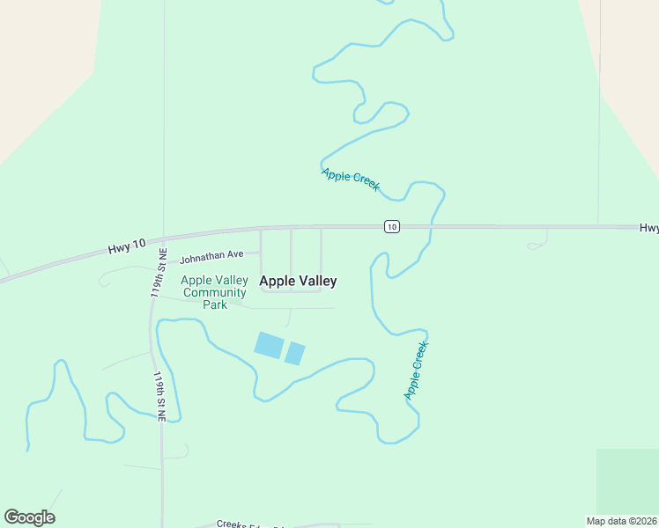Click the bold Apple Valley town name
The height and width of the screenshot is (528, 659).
click(x=298, y=282)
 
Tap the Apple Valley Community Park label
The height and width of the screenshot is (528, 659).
click(x=213, y=292)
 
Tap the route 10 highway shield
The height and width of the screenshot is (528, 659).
click(x=391, y=227)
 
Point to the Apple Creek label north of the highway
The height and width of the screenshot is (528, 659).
click(x=351, y=180)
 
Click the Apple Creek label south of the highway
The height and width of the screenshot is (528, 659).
click(x=416, y=370)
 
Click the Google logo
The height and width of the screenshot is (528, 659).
click(x=29, y=517)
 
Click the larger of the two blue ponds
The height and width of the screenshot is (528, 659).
click(x=269, y=345)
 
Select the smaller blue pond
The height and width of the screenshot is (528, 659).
click(x=294, y=354)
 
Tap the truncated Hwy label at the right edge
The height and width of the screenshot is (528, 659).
click(x=648, y=228)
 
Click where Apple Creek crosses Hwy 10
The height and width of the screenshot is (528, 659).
click(x=431, y=227)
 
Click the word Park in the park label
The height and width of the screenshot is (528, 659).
click(x=215, y=304)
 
